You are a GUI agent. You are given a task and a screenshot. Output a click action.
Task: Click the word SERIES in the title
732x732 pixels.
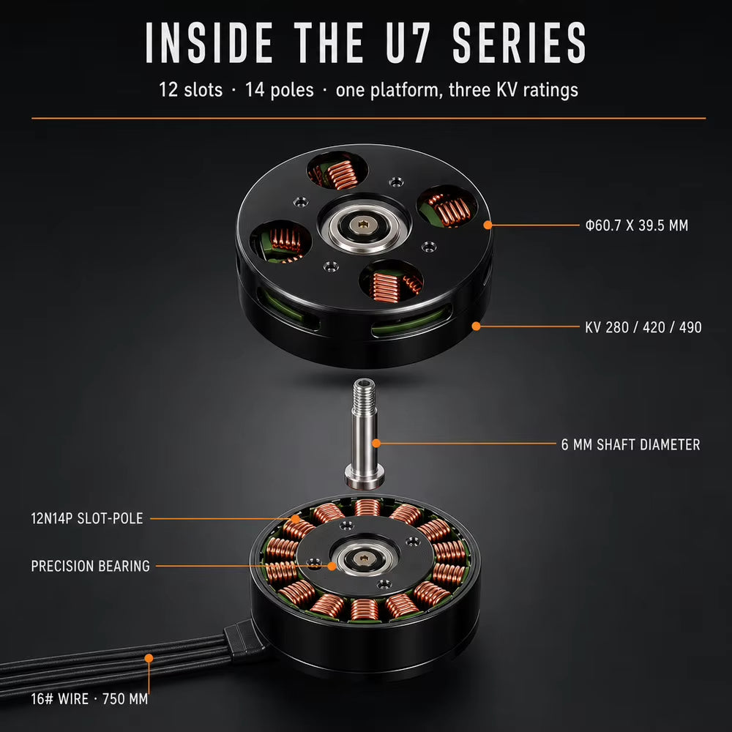[518, 42]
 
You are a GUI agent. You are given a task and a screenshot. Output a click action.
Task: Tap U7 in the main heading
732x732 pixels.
[407, 42]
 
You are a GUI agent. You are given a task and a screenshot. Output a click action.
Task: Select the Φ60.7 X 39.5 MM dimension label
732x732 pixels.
[637, 225]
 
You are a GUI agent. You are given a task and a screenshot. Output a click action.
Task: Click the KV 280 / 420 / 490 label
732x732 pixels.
[643, 327]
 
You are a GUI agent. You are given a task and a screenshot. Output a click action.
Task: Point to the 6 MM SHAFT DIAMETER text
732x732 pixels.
[631, 444]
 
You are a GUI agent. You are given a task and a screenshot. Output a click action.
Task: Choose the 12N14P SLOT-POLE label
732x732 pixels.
[87, 518]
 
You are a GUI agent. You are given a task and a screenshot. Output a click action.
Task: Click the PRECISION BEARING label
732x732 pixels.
[91, 566]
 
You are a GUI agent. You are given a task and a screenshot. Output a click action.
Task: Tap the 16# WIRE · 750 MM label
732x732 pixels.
[89, 699]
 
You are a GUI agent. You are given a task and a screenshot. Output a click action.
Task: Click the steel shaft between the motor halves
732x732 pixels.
[365, 434]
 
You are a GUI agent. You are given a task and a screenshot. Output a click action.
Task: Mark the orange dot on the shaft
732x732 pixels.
[376, 444]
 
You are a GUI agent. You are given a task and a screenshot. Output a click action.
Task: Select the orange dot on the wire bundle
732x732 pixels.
[149, 658]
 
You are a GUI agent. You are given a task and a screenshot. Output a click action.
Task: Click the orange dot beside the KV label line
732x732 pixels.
[477, 326]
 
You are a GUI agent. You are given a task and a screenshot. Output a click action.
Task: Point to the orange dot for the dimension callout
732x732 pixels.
[488, 225]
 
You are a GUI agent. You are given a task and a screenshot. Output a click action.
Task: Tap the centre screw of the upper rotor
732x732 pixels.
[364, 226]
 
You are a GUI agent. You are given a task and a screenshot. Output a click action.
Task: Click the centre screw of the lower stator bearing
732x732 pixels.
[364, 557]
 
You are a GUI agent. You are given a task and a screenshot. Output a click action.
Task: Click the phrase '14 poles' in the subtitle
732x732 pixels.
[280, 89]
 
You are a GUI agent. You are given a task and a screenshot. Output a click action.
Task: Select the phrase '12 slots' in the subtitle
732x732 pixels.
[191, 89]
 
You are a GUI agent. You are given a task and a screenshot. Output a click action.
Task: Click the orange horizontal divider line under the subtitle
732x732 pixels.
[369, 119]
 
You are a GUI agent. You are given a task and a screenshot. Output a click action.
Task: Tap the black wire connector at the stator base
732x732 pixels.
[243, 640]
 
